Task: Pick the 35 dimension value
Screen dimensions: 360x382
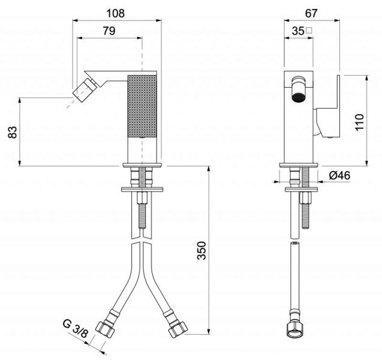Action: tap(296, 30)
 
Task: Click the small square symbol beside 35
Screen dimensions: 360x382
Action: tap(309, 30)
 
